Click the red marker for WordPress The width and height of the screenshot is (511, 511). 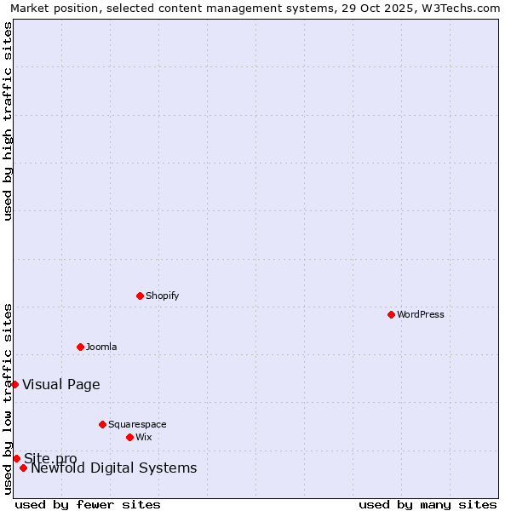[391, 314]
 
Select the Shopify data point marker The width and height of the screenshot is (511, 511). [140, 296]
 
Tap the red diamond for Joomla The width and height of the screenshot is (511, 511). [80, 347]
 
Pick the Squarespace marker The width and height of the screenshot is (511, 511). [102, 424]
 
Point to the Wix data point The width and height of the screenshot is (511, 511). [129, 437]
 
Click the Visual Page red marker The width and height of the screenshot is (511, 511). [14, 384]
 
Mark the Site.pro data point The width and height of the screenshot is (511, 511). [16, 458]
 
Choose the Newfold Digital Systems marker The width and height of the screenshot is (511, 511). [23, 468]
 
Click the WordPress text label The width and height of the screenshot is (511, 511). [421, 314]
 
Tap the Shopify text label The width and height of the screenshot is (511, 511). [162, 296]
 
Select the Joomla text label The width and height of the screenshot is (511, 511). [101, 347]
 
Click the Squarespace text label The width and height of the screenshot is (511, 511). [137, 424]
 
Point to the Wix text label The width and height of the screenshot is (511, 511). [144, 437]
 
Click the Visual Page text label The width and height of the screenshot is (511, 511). [61, 384]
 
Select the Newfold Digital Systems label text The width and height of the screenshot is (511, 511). [114, 468]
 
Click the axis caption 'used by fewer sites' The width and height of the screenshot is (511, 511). [88, 504]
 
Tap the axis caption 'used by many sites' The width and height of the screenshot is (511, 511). [428, 504]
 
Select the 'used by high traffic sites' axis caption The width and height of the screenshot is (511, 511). [8, 121]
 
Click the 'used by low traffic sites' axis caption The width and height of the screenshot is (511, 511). [8, 398]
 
